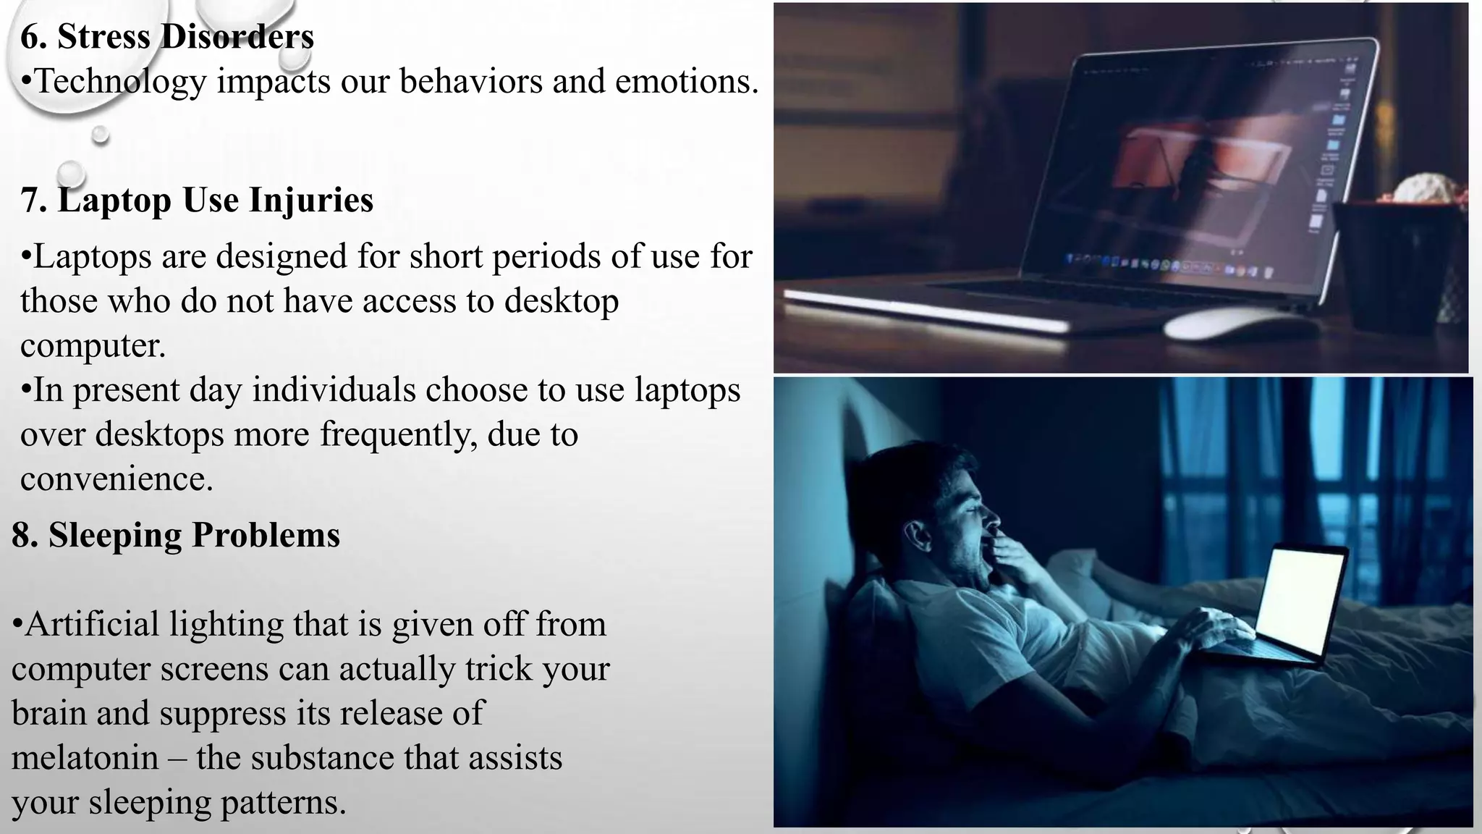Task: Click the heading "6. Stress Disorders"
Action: [x=167, y=36]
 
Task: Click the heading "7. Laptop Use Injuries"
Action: [x=197, y=200]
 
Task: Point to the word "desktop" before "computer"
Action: [x=562, y=301]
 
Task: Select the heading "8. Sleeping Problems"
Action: [x=176, y=535]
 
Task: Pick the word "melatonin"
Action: [x=85, y=758]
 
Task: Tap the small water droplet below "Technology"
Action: [x=100, y=135]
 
